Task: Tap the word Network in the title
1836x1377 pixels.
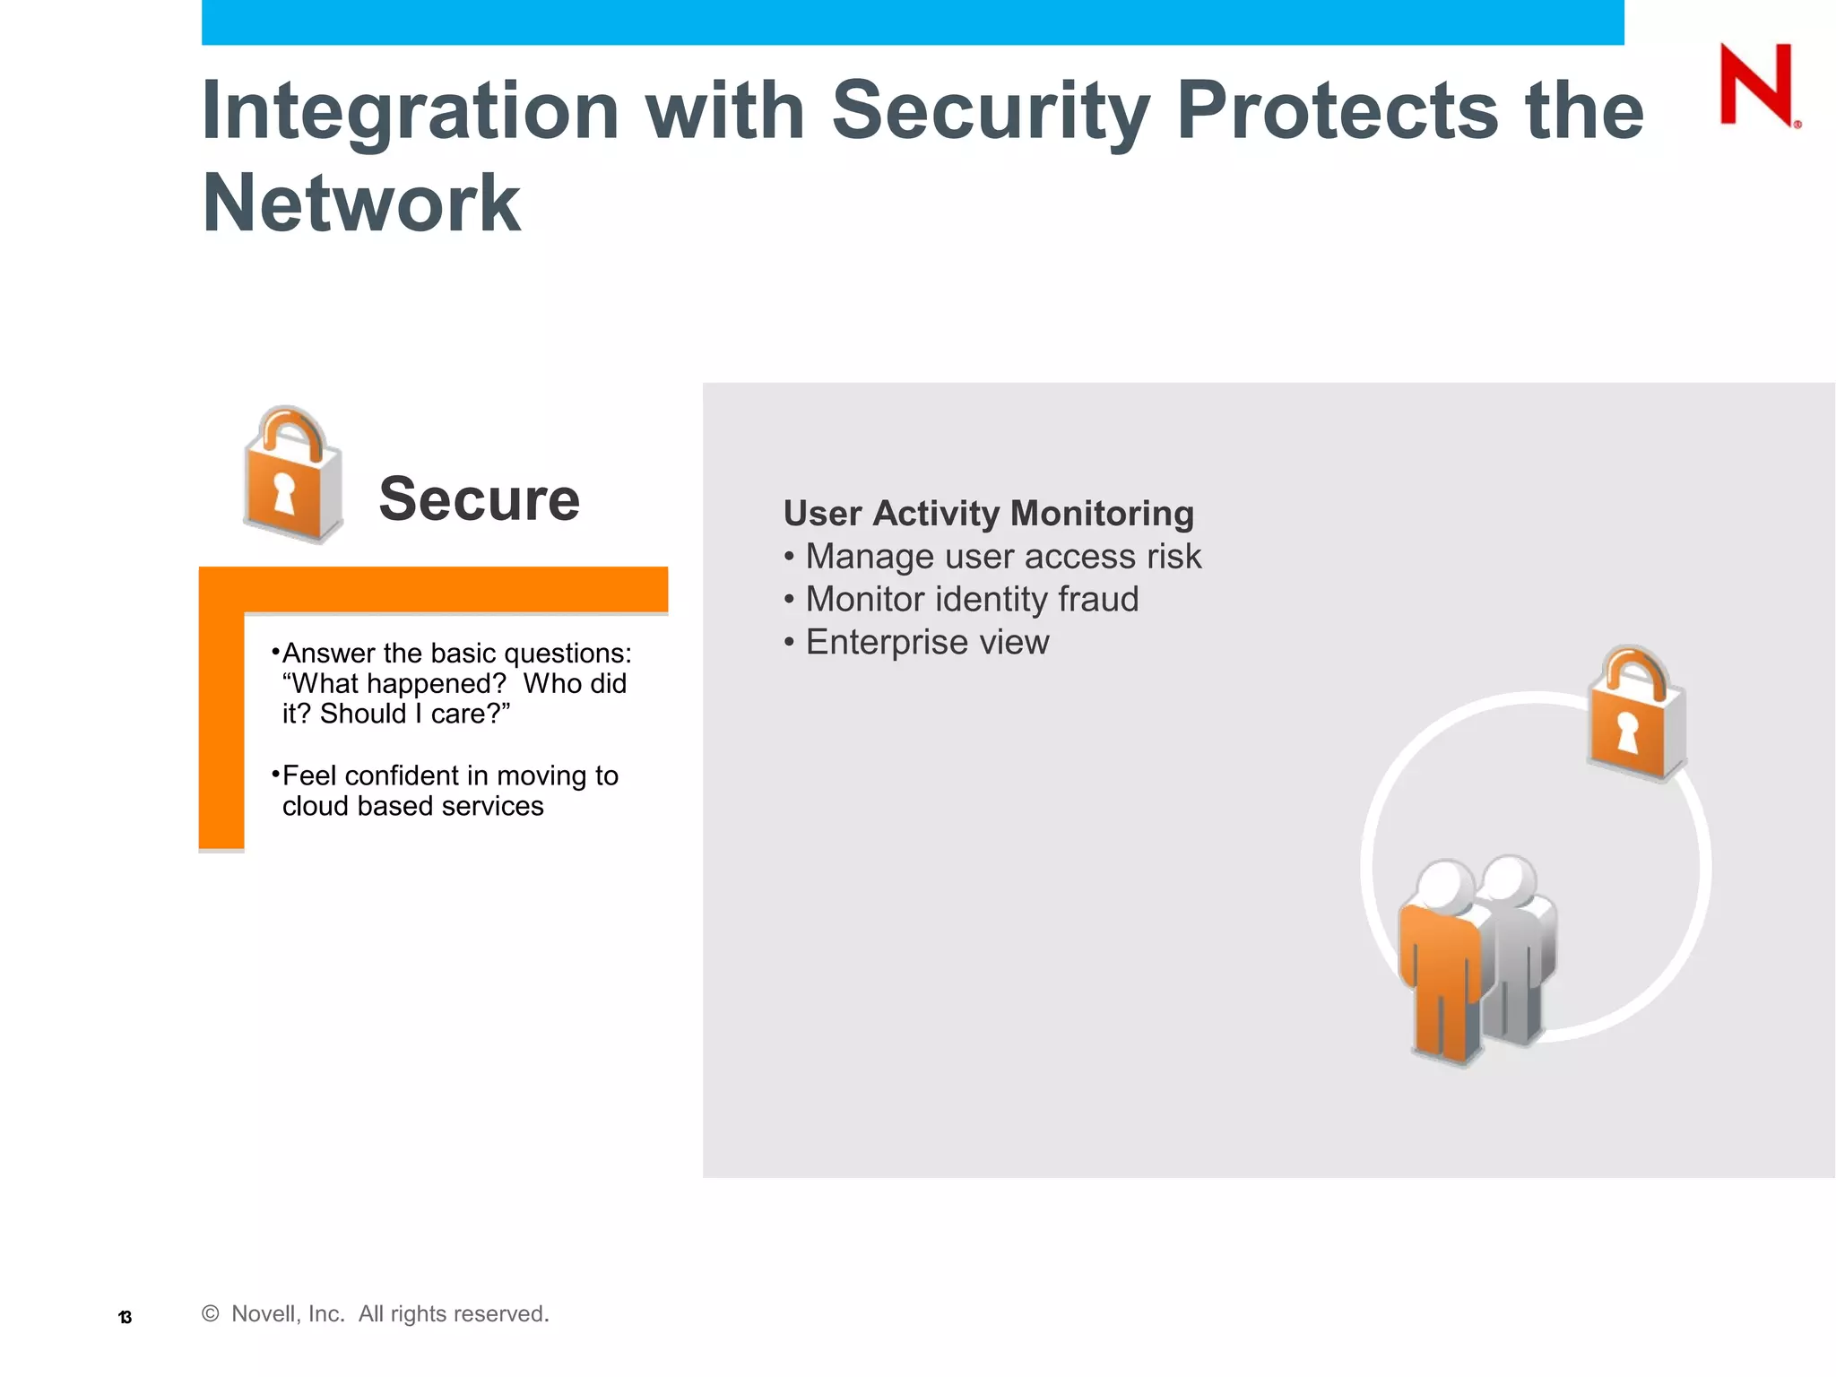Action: [360, 204]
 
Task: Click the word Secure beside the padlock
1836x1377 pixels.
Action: [479, 498]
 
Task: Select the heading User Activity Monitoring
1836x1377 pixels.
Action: [988, 514]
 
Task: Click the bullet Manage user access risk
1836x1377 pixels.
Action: [1002, 557]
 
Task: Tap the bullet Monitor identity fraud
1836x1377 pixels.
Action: [971, 600]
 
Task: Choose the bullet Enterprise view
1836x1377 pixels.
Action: [926, 643]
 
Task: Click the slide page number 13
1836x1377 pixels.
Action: [126, 1317]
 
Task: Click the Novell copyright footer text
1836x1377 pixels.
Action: [376, 1314]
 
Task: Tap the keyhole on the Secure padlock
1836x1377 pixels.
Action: [284, 493]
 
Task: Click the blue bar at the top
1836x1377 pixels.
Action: [912, 22]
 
